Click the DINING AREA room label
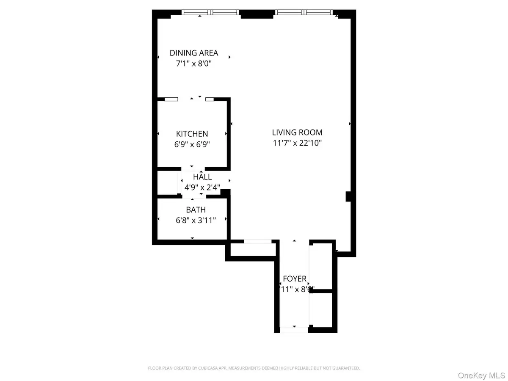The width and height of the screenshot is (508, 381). (194, 53)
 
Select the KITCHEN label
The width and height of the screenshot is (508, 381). (192, 134)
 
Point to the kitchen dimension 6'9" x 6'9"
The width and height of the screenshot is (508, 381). (192, 144)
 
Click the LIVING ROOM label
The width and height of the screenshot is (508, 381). (297, 132)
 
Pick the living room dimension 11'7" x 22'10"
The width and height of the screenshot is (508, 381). (297, 143)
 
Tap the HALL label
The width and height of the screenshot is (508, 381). (202, 177)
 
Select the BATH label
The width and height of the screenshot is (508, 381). (196, 210)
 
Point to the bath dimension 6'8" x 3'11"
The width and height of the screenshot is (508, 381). (196, 220)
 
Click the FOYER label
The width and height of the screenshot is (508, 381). (295, 279)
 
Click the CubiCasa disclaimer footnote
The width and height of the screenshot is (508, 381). (254, 368)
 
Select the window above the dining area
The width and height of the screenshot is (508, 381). (210, 12)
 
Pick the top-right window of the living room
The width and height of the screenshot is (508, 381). (304, 12)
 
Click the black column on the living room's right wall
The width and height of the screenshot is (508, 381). (349, 196)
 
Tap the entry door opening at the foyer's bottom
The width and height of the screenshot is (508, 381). (294, 329)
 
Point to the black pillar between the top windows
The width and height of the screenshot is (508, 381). (257, 14)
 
